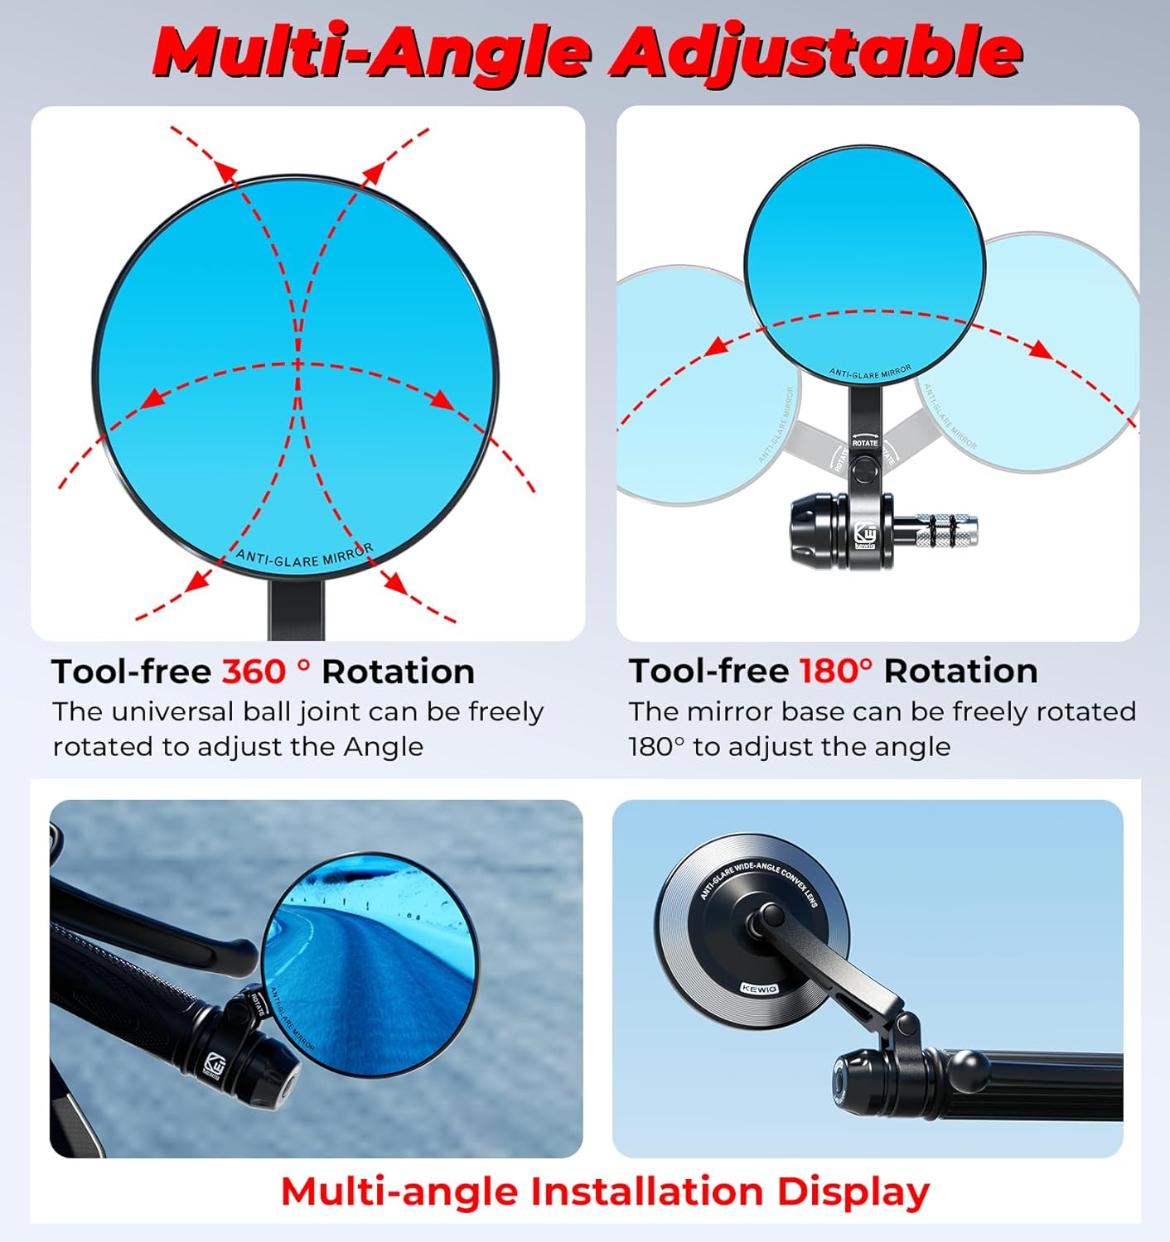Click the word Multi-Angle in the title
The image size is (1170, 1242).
(372, 52)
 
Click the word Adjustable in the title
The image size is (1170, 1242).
(816, 54)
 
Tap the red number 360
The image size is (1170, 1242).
(254, 672)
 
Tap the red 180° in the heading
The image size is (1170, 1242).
(836, 671)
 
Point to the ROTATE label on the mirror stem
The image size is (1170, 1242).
(864, 443)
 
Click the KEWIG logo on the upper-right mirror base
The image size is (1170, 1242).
(864, 535)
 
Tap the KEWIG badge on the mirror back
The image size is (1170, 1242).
(759, 989)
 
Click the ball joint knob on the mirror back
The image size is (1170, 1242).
(768, 917)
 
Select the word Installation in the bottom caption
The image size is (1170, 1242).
(646, 1192)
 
